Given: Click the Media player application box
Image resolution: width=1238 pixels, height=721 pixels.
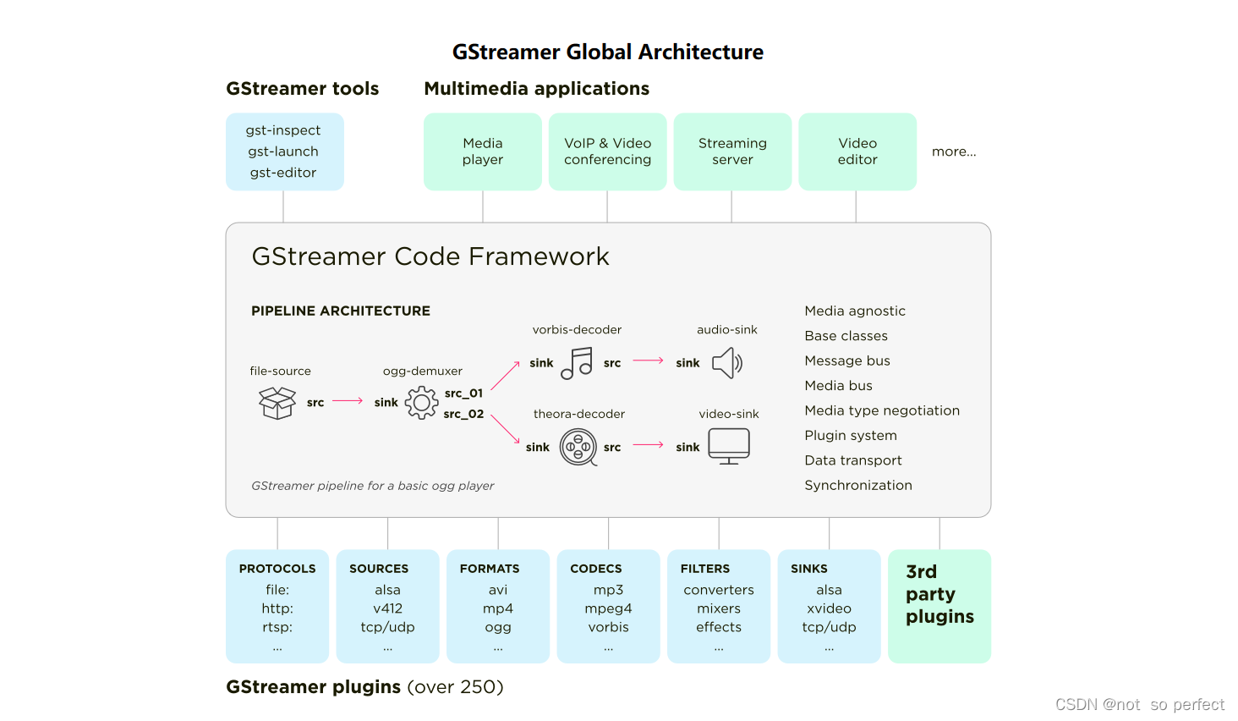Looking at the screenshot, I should click(482, 151).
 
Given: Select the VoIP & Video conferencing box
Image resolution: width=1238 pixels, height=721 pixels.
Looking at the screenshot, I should click(607, 151).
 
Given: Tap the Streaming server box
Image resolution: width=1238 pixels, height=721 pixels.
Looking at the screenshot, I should click(732, 151).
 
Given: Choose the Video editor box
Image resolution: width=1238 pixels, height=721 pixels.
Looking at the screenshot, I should click(857, 151).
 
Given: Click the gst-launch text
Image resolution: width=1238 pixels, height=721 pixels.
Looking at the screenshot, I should click(283, 151).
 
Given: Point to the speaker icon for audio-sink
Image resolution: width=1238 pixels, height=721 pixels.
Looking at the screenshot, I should click(726, 364).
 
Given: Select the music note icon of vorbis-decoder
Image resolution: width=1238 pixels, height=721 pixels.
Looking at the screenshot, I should click(577, 364).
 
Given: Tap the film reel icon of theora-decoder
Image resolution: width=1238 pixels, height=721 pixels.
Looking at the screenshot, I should click(578, 447).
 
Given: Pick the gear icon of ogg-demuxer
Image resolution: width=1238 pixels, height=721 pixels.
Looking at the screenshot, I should click(421, 403).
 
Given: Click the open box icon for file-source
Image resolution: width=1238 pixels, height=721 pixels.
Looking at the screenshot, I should click(277, 403).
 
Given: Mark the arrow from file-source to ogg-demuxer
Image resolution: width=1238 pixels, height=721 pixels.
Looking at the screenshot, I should click(348, 401).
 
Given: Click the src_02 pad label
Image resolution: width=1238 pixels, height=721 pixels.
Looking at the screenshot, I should click(463, 414).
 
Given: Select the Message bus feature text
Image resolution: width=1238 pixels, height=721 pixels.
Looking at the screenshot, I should click(847, 360).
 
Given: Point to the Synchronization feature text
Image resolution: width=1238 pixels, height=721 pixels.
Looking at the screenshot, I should click(858, 485).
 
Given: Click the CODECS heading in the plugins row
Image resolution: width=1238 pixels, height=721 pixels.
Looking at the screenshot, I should click(596, 569).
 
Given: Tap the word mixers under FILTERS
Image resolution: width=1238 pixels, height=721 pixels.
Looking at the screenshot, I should click(719, 608).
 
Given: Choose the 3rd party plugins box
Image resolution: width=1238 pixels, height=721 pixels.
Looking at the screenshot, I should click(939, 606).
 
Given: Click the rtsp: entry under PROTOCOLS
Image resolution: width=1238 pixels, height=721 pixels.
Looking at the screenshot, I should click(277, 627).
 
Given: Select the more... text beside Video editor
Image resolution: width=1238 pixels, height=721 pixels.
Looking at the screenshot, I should click(954, 151).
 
